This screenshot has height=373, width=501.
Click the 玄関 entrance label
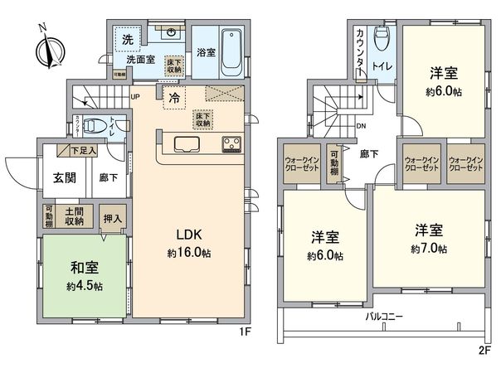pyautogui.click(x=66, y=177)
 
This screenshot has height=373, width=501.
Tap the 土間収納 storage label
pyautogui.click(x=74, y=216)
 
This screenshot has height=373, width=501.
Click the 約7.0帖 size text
pyautogui.click(x=428, y=248)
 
